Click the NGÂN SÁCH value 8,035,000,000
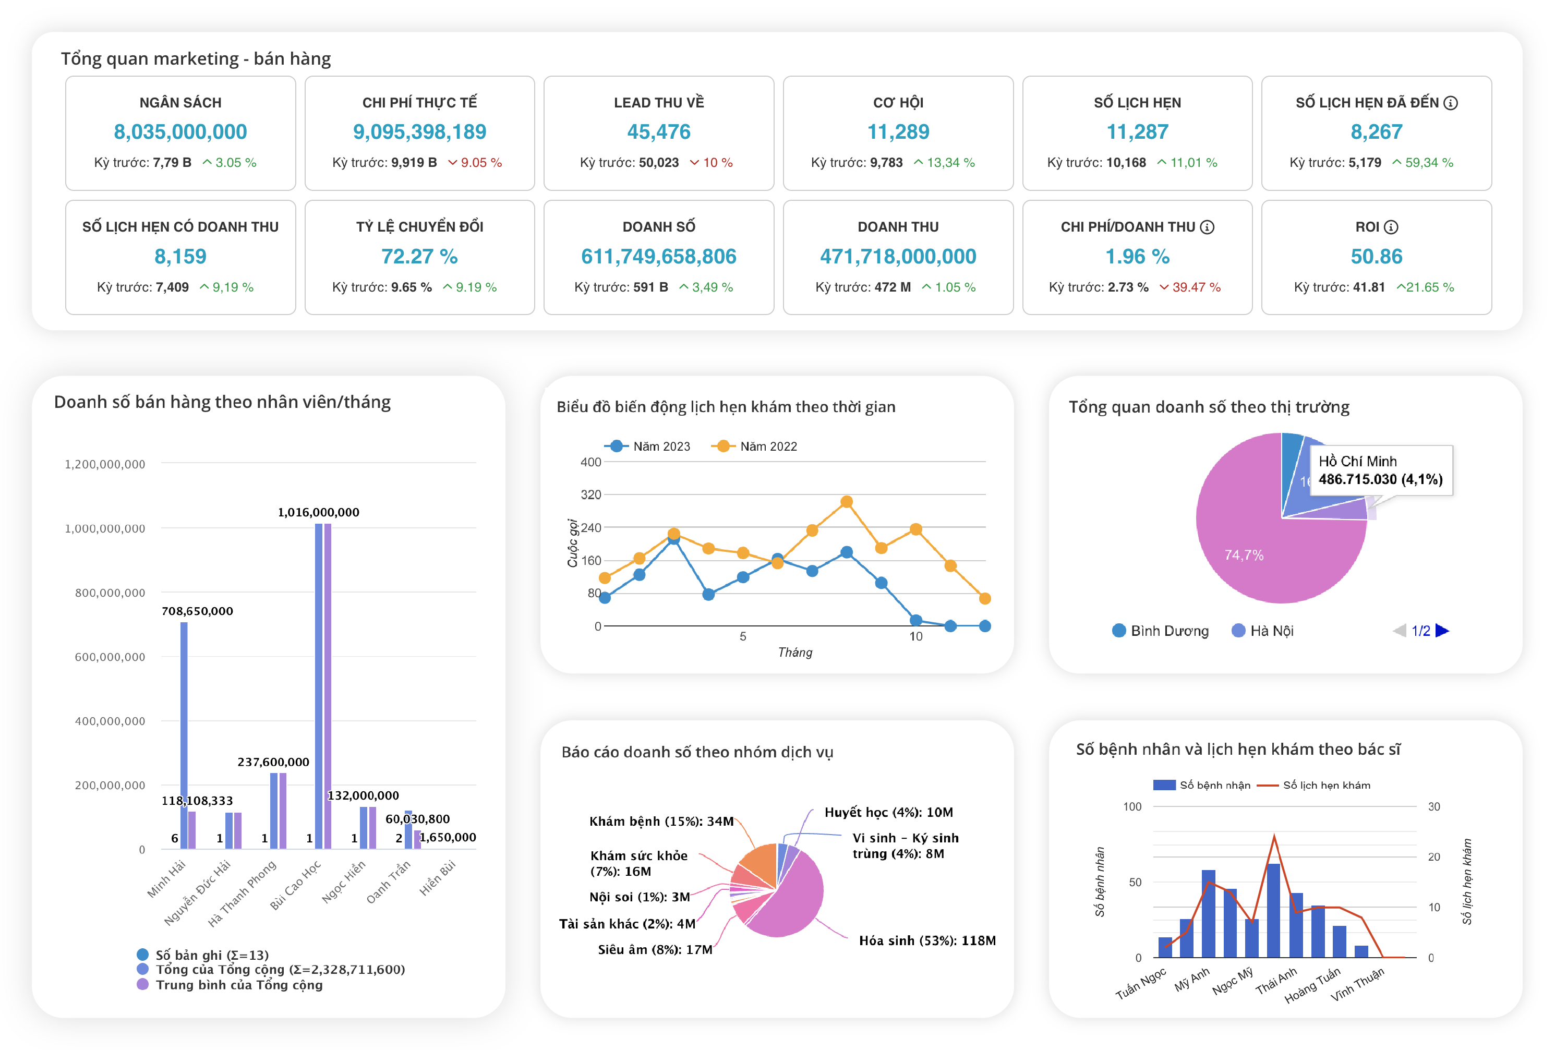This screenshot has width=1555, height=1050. point(180,132)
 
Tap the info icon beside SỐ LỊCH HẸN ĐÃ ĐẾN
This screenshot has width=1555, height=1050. point(1451,103)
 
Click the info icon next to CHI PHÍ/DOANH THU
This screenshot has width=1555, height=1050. point(1207,227)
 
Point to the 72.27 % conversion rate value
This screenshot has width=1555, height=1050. point(419,256)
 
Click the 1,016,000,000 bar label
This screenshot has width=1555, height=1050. point(319,512)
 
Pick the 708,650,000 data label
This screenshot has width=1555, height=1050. point(197,611)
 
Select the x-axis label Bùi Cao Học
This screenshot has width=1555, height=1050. point(295,885)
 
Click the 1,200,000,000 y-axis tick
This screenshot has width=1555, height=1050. point(104,464)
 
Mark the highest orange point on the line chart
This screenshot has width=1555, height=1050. point(847,501)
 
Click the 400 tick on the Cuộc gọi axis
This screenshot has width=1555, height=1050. point(591,462)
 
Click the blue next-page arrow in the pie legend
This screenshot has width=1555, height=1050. point(1443,631)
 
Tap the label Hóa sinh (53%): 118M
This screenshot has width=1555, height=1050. point(927,940)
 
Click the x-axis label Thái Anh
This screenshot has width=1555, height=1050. point(1276,981)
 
